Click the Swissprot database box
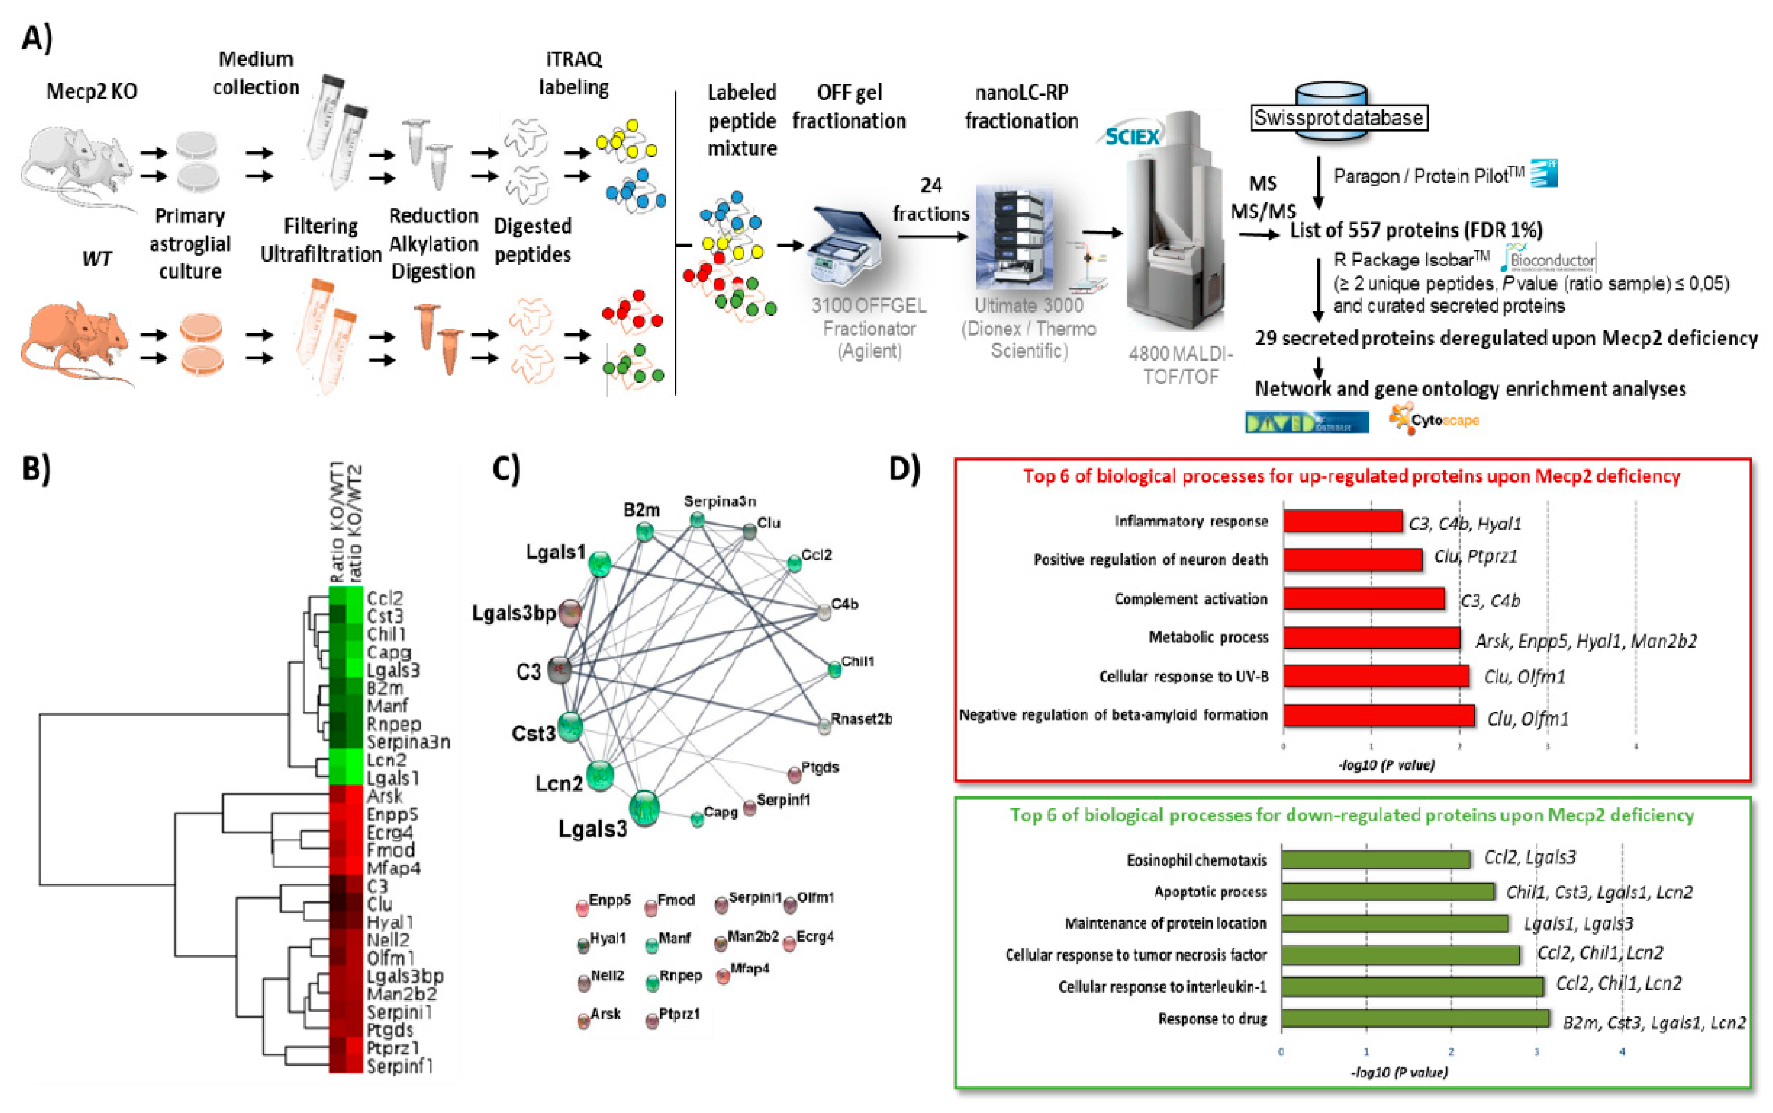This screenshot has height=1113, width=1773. click(1338, 118)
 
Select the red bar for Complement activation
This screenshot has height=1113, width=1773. click(1364, 599)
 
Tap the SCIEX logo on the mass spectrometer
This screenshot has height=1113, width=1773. click(1132, 137)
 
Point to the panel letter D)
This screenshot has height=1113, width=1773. click(904, 468)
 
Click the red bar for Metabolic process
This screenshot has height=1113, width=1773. click(1371, 638)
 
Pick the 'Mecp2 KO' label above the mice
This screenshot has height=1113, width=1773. click(92, 91)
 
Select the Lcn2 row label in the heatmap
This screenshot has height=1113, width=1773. click(386, 760)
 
